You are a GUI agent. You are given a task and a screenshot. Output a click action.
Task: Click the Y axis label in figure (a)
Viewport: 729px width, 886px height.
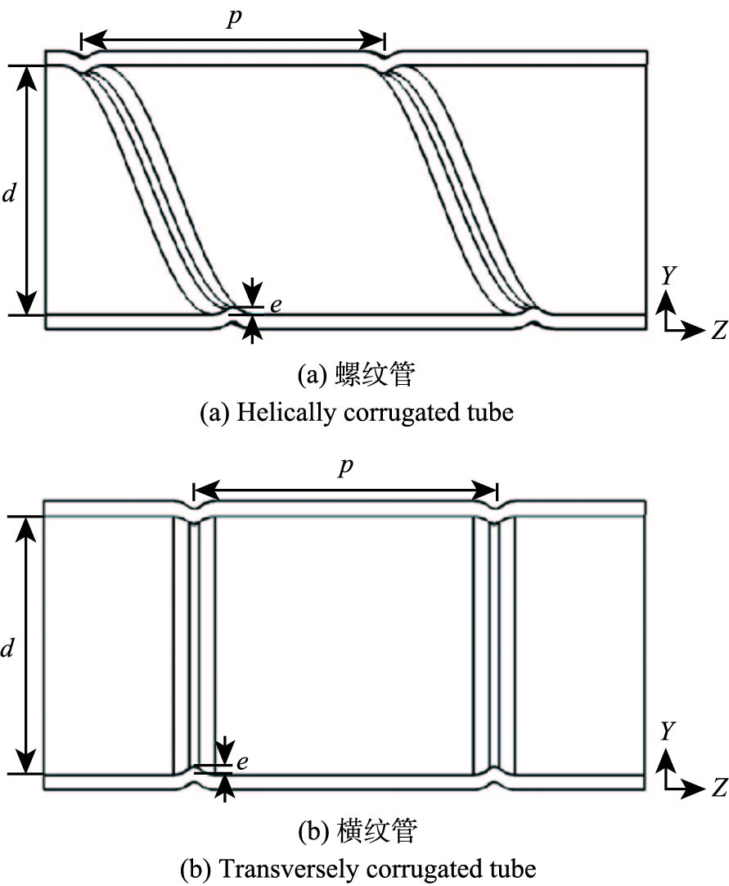668,276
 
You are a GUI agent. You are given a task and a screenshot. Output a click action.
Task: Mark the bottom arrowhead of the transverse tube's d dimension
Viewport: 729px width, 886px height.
29,766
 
